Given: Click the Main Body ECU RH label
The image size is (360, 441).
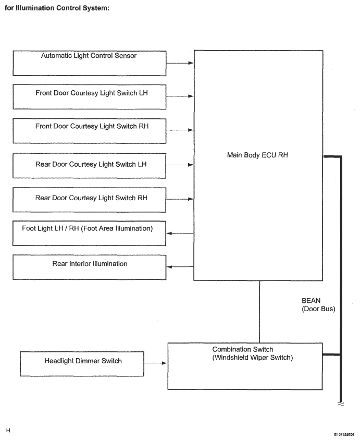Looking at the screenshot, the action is [x=257, y=155].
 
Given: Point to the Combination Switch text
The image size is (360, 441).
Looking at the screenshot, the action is [x=243, y=349].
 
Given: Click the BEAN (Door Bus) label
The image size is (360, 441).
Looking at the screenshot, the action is [x=318, y=305].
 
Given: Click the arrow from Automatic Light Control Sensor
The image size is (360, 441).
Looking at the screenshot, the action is [x=180, y=63].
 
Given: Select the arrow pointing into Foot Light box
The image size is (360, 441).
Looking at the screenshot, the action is [x=180, y=233].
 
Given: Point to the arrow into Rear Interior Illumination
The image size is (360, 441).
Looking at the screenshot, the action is [x=180, y=266].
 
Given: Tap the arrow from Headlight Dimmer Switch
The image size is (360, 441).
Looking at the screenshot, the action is [x=155, y=363].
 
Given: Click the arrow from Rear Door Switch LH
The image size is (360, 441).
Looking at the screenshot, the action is [x=180, y=165].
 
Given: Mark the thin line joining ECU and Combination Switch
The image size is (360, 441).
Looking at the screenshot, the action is [x=259, y=312].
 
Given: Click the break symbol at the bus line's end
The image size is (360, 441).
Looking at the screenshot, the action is [x=341, y=404].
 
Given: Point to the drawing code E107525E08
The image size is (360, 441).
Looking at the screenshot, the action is [x=344, y=434].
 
